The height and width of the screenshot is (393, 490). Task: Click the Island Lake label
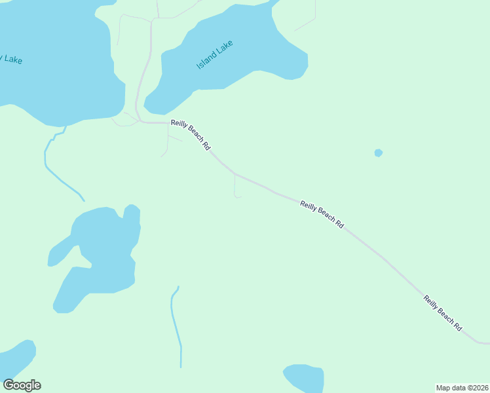click(x=215, y=55)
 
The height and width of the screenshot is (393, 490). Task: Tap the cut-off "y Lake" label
click(x=11, y=60)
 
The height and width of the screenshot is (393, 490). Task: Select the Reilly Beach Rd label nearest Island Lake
click(x=191, y=136)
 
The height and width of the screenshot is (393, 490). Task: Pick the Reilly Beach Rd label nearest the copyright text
click(x=443, y=313)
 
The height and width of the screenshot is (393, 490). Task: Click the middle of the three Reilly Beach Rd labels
click(x=322, y=214)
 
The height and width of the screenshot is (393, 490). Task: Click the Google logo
click(x=22, y=385)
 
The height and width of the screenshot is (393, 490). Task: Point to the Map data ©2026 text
click(x=462, y=387)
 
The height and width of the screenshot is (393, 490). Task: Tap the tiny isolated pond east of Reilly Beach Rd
click(x=378, y=153)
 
